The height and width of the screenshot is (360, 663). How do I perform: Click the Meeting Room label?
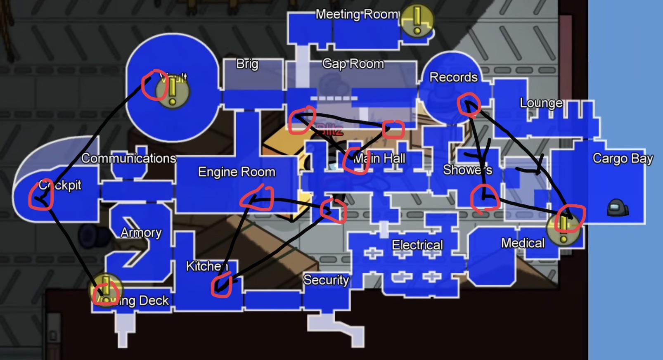pyautogui.click(x=358, y=14)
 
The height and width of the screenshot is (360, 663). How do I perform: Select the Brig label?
pyautogui.click(x=247, y=64)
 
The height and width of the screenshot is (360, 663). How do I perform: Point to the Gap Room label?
pyautogui.click(x=353, y=64)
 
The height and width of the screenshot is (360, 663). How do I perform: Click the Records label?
pyautogui.click(x=453, y=77)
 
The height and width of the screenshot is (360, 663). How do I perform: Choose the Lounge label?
pyautogui.click(x=541, y=103)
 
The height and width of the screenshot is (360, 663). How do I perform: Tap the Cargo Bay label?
pyautogui.click(x=623, y=159)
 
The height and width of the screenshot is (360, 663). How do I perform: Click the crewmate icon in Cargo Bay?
pyautogui.click(x=617, y=207)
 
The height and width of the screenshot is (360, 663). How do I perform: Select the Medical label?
pyautogui.click(x=523, y=243)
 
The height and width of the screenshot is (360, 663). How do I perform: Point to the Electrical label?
pyautogui.click(x=417, y=245)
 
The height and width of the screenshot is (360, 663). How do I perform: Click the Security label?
pyautogui.click(x=326, y=280)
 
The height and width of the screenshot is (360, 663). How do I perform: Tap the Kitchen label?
pyautogui.click(x=207, y=266)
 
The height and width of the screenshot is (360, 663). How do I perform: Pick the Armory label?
pyautogui.click(x=141, y=233)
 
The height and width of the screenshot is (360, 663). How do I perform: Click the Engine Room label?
pyautogui.click(x=237, y=172)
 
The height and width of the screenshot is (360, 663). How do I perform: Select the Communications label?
pyautogui.click(x=128, y=158)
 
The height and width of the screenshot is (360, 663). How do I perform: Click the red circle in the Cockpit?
pyautogui.click(x=41, y=195)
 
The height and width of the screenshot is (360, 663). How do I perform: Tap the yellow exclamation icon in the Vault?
pyautogui.click(x=173, y=92)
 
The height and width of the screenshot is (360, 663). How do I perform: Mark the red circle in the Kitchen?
pyautogui.click(x=221, y=286)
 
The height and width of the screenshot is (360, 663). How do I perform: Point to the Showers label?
pyautogui.click(x=467, y=170)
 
